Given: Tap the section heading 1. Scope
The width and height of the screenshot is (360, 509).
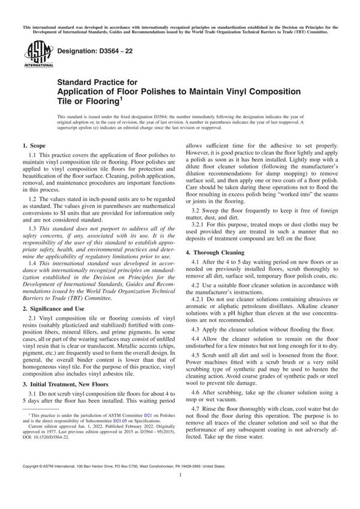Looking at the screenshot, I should (x=35, y=146).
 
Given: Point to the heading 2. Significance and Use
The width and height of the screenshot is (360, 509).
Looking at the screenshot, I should (x=56, y=291).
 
